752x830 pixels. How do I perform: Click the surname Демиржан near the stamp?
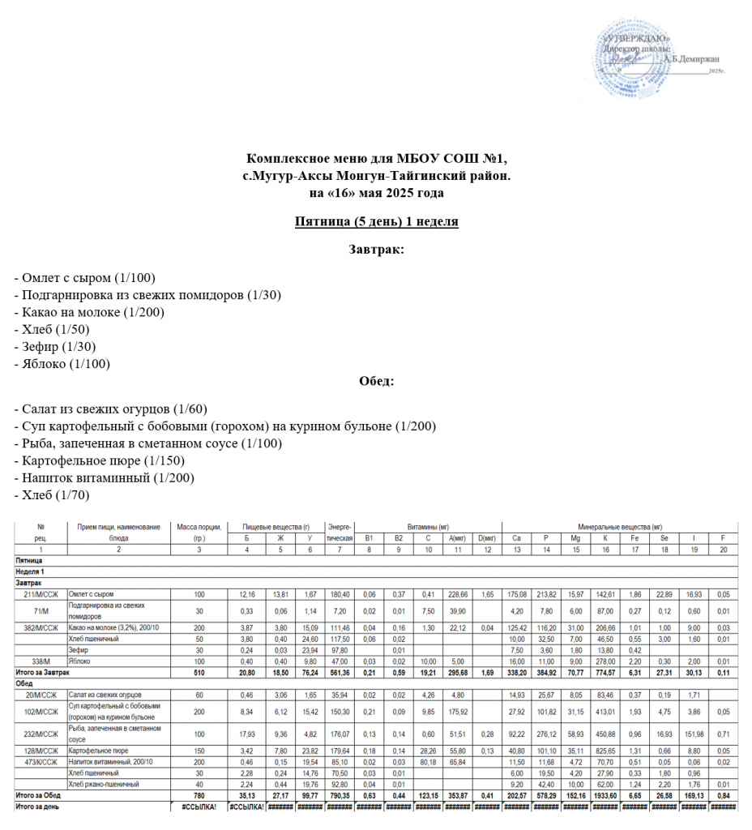click(x=690, y=58)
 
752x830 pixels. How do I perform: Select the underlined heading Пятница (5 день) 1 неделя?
click(x=376, y=221)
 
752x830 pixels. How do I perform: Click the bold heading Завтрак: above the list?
click(x=376, y=249)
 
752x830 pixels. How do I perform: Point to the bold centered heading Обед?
click(x=376, y=382)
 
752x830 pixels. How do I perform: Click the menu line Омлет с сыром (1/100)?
click(x=85, y=277)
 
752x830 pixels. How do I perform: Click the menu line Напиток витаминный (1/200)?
click(x=105, y=477)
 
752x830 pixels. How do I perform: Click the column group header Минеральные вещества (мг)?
click(x=620, y=527)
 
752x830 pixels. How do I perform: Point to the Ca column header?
click(x=516, y=538)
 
